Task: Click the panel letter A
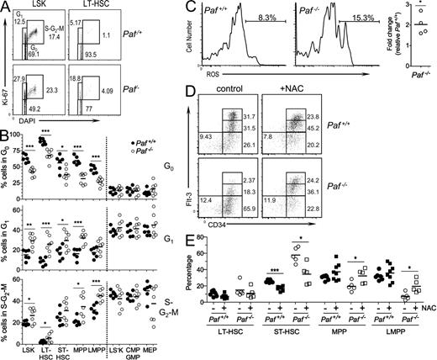tap(6, 7)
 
